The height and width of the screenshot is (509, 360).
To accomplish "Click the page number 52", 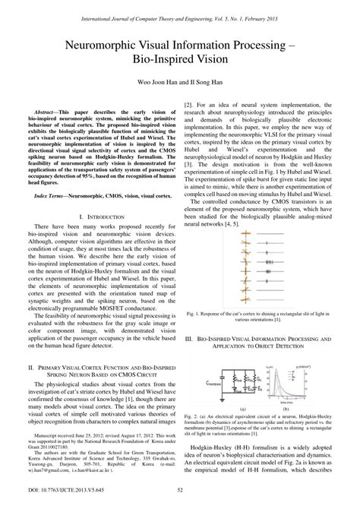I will click(180, 501).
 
